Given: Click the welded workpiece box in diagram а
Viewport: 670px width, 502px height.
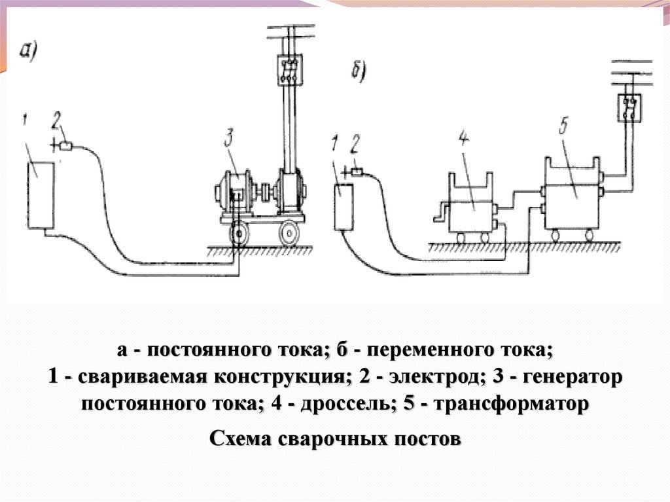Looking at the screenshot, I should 40,195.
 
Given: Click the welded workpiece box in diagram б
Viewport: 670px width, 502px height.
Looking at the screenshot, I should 343,207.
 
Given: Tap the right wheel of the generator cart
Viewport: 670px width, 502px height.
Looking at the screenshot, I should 289,233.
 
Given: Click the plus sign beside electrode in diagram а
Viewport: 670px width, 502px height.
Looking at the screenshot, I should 52,143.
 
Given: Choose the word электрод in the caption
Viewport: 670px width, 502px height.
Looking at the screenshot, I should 429,378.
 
